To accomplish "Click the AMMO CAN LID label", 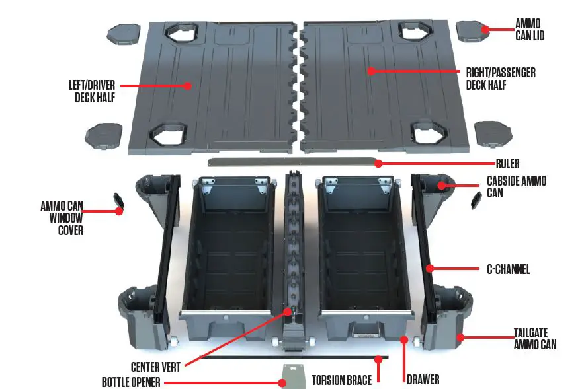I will (x=530, y=29).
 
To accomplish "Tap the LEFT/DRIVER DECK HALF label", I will (x=92, y=91).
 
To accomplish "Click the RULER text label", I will (x=509, y=164).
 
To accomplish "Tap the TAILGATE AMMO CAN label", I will (x=534, y=338).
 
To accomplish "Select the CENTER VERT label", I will (x=155, y=366).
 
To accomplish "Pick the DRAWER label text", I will (x=423, y=380).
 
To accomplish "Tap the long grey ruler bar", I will (x=291, y=162).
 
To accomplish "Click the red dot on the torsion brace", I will (x=378, y=359).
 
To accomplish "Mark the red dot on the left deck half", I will (x=188, y=85).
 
